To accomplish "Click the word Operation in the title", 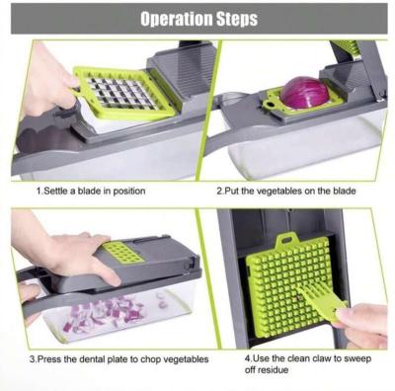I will click(176, 19).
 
